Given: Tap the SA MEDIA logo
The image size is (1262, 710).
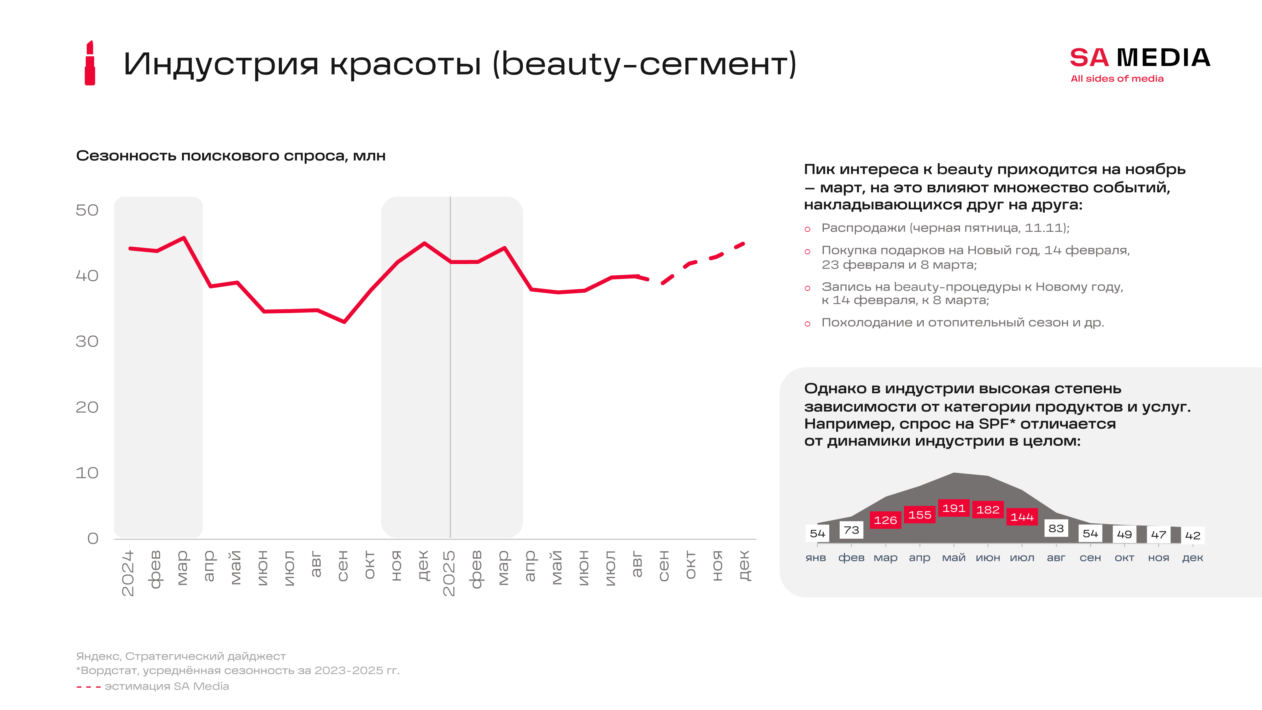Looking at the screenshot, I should click(1140, 58).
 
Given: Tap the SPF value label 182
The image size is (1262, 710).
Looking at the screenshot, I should click(988, 510).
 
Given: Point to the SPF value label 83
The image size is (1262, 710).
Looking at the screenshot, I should click(1056, 528).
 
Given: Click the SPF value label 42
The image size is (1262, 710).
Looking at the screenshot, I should click(1192, 536).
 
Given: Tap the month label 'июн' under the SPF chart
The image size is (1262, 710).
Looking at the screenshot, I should click(988, 558).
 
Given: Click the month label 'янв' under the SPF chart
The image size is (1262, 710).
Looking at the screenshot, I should click(816, 558).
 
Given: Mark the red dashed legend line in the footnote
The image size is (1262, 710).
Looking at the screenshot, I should click(89, 687).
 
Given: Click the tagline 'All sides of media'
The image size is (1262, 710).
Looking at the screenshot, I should click(1117, 79).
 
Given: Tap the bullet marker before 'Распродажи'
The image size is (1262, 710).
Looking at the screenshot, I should click(807, 229).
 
